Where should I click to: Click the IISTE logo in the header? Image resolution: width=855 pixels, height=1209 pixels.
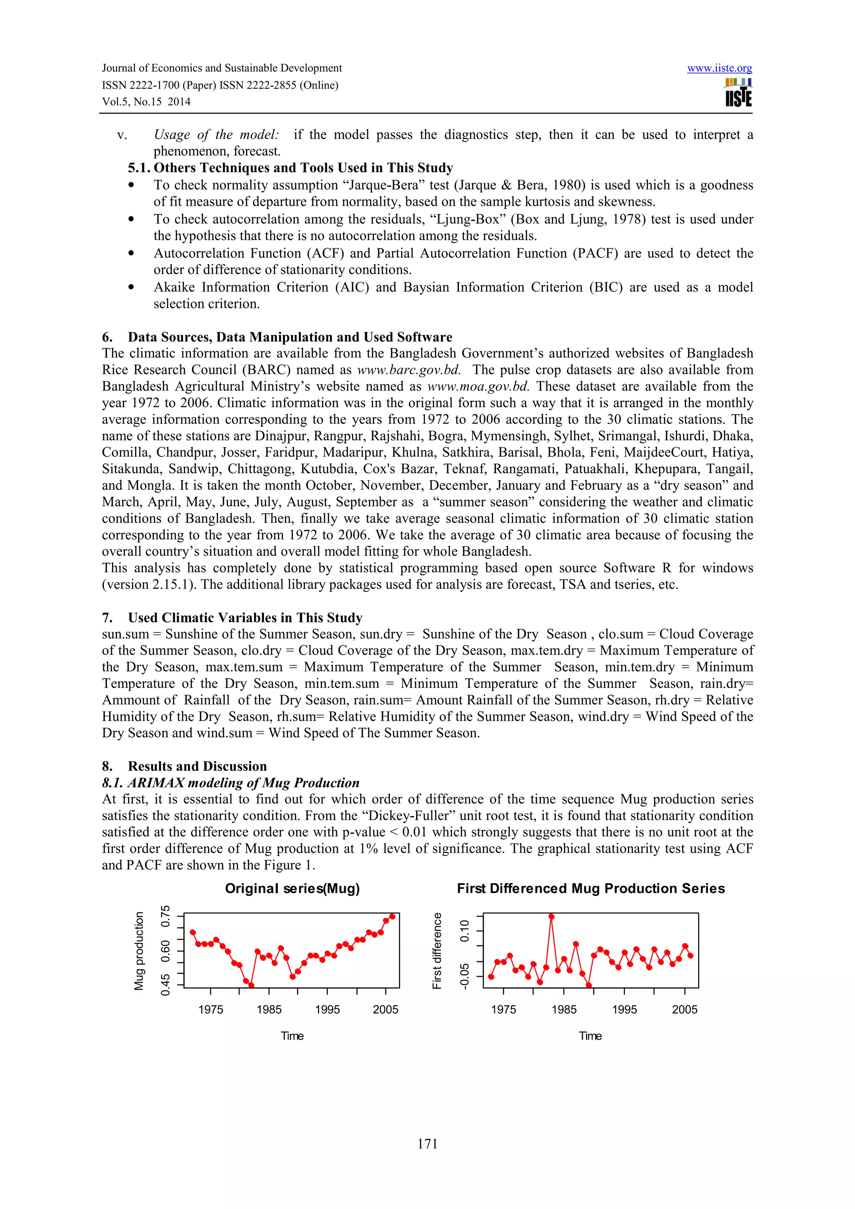pos(738,93)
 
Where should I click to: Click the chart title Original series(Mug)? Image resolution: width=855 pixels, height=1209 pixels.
pos(292,889)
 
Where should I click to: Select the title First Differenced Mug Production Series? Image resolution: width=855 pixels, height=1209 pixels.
pos(591,889)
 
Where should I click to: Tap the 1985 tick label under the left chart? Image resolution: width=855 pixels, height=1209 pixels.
pos(269,1010)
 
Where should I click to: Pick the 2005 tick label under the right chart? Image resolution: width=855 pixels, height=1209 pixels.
pos(684,1010)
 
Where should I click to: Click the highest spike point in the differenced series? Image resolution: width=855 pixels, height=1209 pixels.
pos(551,917)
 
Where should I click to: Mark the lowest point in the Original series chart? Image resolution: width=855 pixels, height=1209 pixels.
pos(251,985)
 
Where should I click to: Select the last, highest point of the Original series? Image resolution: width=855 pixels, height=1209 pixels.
pos(392,917)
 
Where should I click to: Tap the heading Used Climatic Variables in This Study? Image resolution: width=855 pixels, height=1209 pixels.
pos(245,618)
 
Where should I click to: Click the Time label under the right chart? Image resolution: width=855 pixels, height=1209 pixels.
pos(590,1036)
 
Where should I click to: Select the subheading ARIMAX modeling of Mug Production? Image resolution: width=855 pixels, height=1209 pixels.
pos(231,783)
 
